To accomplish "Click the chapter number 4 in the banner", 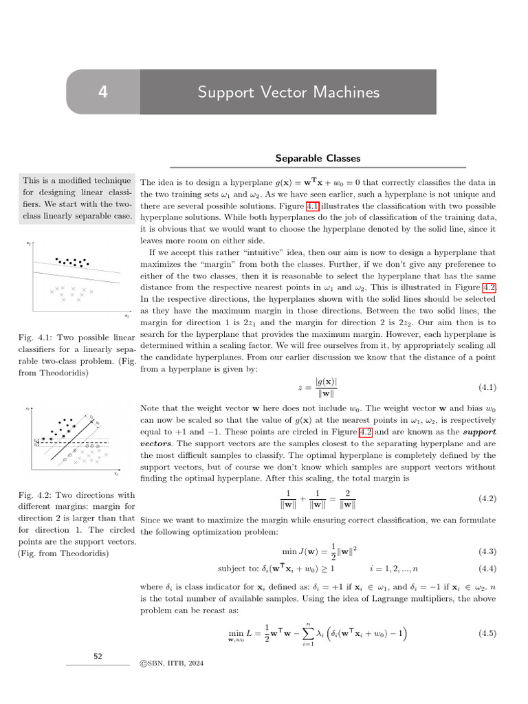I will pos(102,92).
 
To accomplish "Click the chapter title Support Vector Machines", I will pos(288,92).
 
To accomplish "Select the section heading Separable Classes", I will pos(318,158).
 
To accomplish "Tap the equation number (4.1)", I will pos(487,388).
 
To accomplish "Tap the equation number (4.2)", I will pos(487,498).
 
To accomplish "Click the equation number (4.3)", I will pos(487,551).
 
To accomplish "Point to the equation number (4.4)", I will pos(487,569).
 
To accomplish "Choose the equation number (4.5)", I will pos(487,633).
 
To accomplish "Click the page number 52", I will pos(98,657).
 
